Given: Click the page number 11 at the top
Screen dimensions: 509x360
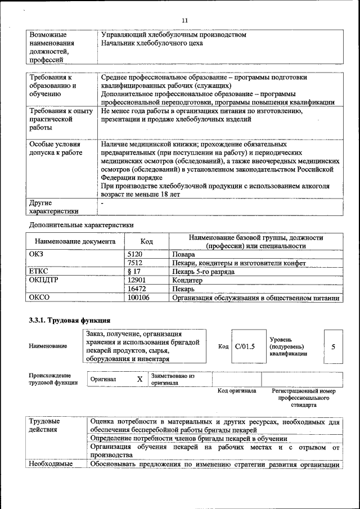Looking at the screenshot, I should point(184,21).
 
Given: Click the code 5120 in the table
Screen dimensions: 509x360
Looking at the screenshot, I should point(136,254).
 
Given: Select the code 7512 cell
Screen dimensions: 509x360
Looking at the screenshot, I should point(136,263).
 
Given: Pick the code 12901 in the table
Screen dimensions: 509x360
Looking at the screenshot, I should point(137,280).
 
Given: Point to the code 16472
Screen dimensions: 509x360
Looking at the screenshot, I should point(137,289).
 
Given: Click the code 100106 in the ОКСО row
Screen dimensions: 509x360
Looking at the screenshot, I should point(139,298).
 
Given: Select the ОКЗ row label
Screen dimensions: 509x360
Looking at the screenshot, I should point(36,254).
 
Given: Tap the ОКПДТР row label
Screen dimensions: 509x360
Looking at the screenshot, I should point(44,280).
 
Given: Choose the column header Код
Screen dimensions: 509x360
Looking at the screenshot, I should point(147,241).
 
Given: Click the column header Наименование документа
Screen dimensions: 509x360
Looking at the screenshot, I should point(74,241).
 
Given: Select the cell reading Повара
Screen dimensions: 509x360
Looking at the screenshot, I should point(184,254).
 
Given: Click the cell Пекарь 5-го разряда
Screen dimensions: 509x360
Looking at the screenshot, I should point(203,271).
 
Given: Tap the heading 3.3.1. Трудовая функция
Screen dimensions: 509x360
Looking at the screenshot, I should point(65,321).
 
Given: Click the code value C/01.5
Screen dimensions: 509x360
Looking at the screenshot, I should point(245,346).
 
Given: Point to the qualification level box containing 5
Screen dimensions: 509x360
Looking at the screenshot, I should point(333,346).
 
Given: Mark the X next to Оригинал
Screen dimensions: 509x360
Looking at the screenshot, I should point(139,379).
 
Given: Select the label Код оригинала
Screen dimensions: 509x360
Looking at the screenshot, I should point(237,390).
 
